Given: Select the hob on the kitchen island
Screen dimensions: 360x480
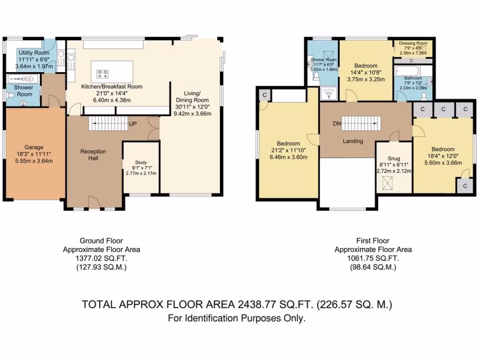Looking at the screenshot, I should pos(103,73).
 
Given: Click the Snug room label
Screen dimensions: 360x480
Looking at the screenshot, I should pos(394,158).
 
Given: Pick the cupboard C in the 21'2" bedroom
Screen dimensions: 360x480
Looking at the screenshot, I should pos(265,95).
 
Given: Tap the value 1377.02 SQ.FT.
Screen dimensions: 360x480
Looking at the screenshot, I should pos(101,258).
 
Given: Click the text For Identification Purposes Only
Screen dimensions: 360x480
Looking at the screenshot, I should pos(237,318).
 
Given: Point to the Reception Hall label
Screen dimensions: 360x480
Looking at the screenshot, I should pos(93,155).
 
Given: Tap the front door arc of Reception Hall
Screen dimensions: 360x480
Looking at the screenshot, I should pos(94,202).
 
